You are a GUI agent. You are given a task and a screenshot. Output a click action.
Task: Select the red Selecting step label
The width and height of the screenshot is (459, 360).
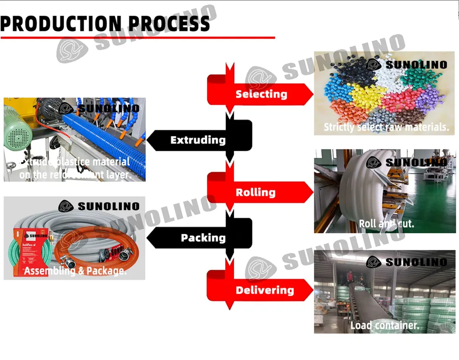tap(261, 94)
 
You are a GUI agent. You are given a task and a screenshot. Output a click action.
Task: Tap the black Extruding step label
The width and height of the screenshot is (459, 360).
tap(198, 140)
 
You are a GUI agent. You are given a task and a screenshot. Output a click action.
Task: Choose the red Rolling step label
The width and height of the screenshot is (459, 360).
tap(255, 192)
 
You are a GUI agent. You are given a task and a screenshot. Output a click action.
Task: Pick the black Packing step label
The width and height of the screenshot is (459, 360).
tap(203, 237)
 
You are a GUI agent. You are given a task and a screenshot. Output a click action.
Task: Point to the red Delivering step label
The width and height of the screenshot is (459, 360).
tap(265, 290)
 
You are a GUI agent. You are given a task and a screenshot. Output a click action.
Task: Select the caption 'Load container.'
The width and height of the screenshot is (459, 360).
tap(385, 325)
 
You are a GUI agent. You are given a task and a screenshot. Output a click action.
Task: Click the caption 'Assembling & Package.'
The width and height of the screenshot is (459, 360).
tap(75, 271)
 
